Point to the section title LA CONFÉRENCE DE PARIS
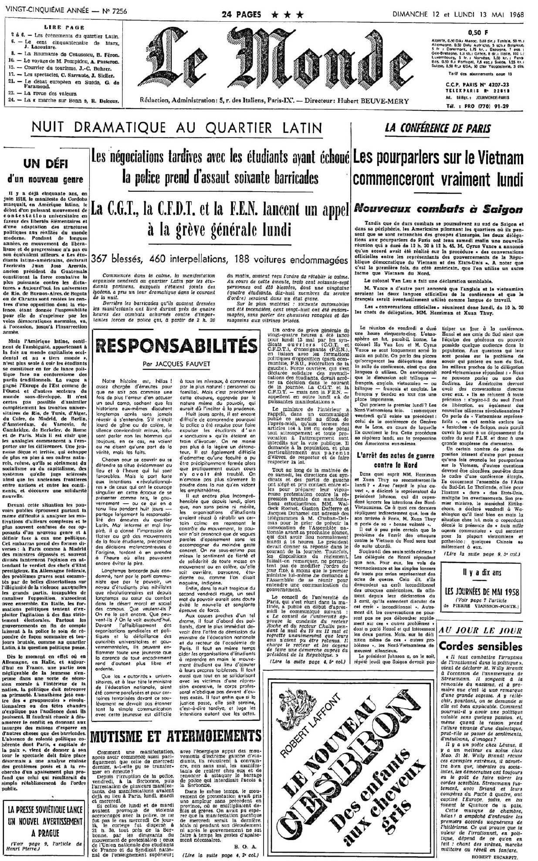coord(438,128)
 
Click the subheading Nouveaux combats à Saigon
coord(438,209)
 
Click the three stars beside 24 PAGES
coord(287,15)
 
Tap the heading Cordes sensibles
coord(480,646)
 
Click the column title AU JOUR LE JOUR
coord(480,631)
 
